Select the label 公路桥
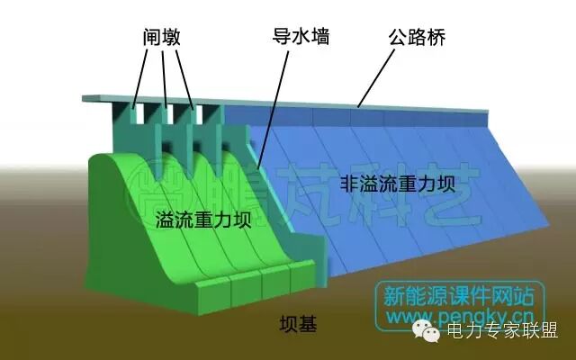[x=418, y=37]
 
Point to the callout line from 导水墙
[x=275, y=103]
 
